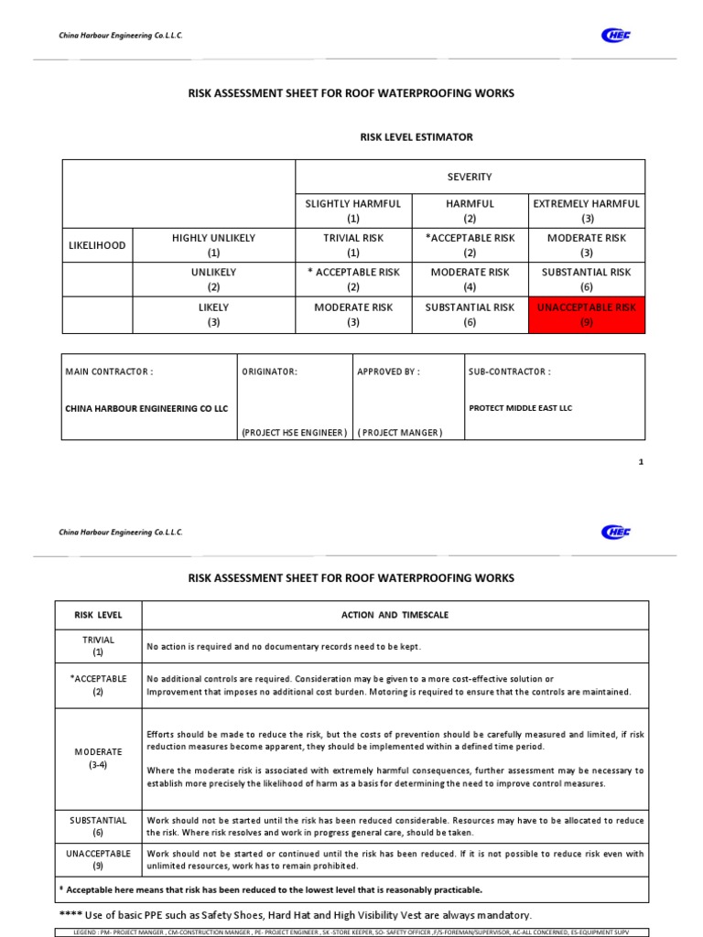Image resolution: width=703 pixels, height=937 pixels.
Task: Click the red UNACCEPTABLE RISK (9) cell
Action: pyautogui.click(x=586, y=314)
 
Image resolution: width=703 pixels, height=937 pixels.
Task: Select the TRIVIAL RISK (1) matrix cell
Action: pyautogui.click(x=353, y=245)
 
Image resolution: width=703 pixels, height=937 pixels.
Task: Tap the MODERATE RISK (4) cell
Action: pyautogui.click(x=470, y=279)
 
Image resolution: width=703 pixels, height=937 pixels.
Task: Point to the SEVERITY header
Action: pyautogui.click(x=470, y=177)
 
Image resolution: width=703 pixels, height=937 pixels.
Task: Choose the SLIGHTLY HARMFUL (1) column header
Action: pyautogui.click(x=353, y=210)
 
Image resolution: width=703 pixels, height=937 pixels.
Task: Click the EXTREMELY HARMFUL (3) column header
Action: pyautogui.click(x=586, y=210)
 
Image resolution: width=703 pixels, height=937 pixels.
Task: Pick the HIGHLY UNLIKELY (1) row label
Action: pyautogui.click(x=213, y=245)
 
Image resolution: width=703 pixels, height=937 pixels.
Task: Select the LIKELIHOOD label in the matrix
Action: pyautogui.click(x=97, y=245)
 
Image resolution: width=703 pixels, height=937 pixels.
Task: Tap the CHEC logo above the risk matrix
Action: pyautogui.click(x=615, y=36)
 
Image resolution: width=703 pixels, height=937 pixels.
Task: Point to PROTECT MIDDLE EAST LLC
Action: pyautogui.click(x=520, y=408)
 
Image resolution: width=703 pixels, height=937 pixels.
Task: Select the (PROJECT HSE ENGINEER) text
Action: pyautogui.click(x=294, y=433)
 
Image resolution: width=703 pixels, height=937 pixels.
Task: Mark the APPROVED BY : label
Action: pyautogui.click(x=388, y=372)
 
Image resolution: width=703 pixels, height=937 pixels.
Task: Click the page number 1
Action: pyautogui.click(x=641, y=462)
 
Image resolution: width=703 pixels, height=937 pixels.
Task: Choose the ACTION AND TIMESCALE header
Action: pyautogui.click(x=395, y=616)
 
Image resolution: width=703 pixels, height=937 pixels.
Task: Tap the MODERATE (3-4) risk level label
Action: pyautogui.click(x=98, y=759)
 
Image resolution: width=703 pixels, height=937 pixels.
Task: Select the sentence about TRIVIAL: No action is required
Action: pyautogui.click(x=284, y=647)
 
